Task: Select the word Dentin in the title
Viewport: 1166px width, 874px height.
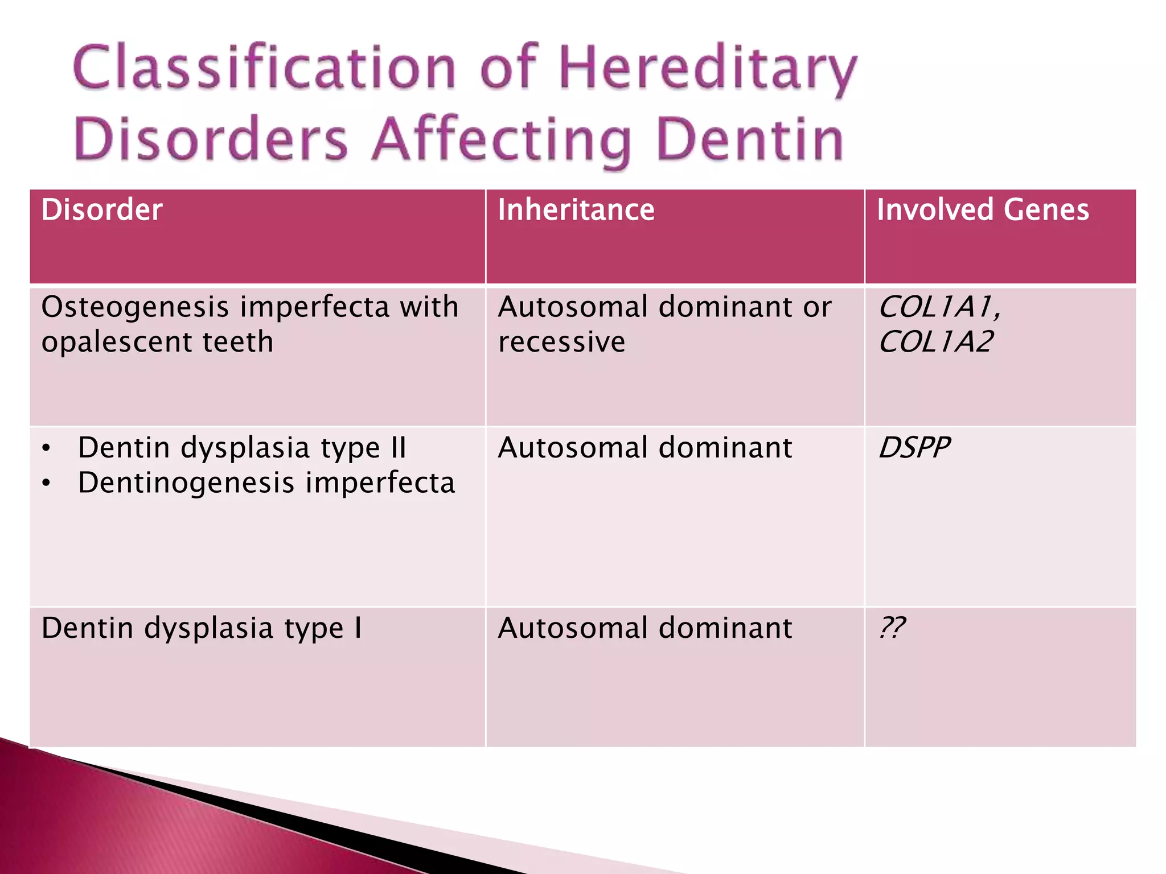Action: pos(749,140)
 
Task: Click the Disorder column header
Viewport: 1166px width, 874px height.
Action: pos(102,209)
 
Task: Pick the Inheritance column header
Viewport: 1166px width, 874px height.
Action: pos(576,209)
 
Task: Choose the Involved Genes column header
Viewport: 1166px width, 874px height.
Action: pos(983,209)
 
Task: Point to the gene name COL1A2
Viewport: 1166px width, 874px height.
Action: pos(936,342)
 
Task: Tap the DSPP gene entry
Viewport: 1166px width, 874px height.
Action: pos(914,448)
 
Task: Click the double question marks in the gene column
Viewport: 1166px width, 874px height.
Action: pos(892,628)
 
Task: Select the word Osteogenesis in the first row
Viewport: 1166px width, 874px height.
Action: pos(135,307)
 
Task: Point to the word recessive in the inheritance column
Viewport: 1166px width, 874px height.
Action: pos(561,342)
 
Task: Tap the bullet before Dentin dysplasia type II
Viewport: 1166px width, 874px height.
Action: pos(47,449)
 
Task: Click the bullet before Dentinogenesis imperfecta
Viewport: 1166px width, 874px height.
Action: pos(47,484)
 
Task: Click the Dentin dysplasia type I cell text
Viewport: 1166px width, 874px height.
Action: pos(202,628)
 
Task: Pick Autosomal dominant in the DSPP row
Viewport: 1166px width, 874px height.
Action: pos(644,448)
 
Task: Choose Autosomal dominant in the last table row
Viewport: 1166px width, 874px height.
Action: pos(644,628)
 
